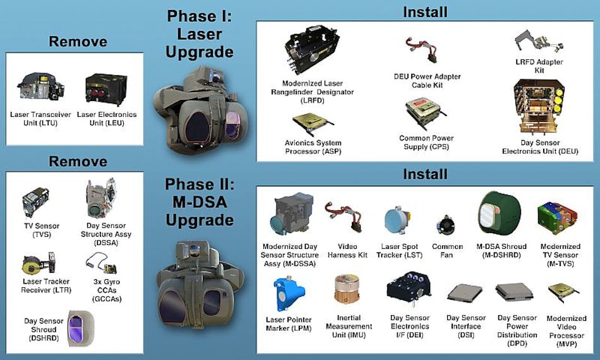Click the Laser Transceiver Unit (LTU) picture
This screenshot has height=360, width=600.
40,88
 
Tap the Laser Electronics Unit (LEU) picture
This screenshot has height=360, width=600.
105,88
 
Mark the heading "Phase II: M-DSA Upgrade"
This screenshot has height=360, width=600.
199,203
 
